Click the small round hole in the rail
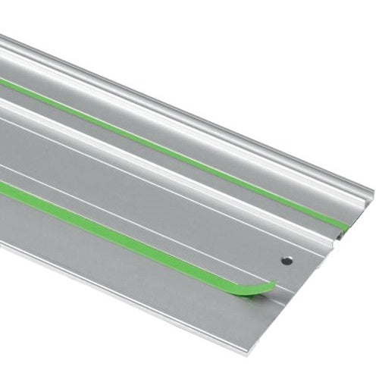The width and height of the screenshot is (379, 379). (x=287, y=260)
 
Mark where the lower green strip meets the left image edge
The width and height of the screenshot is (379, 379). (x=2, y=189)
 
